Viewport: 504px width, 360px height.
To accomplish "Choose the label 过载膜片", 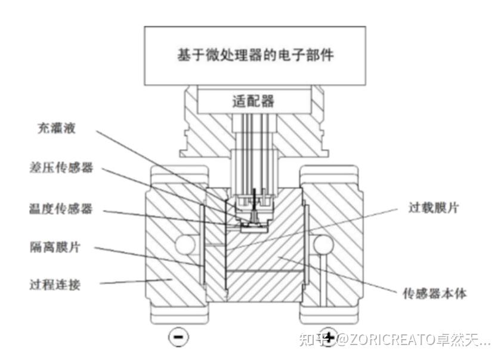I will [433, 209].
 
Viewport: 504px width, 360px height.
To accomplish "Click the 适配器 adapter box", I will [253, 101].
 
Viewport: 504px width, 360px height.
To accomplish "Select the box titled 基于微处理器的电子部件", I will [255, 55].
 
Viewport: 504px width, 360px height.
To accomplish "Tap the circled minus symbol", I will [178, 337].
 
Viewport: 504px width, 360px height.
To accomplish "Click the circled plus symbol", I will [328, 336].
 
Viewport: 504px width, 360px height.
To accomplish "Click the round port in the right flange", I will [323, 245].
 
